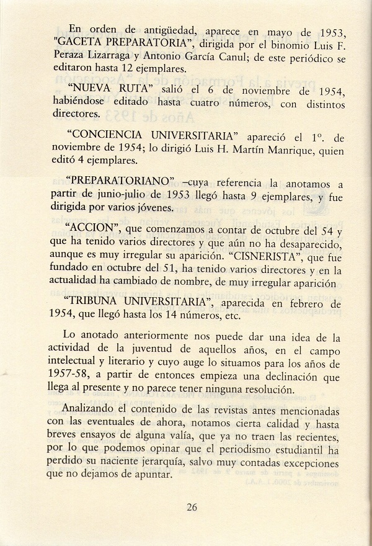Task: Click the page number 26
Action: (x=192, y=507)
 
